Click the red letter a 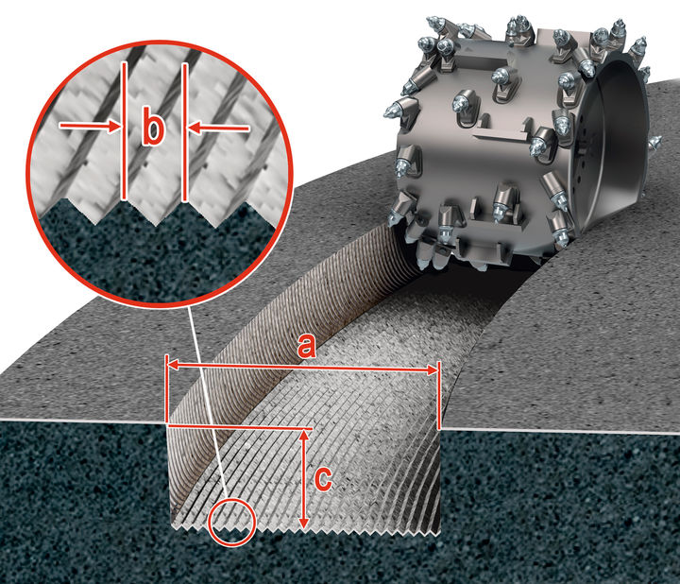(x=305, y=348)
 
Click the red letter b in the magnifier (x=153, y=130)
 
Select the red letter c (x=322, y=479)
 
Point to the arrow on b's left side (x=90, y=125)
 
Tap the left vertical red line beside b (x=125, y=132)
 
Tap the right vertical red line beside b (x=185, y=132)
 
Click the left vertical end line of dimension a (x=167, y=392)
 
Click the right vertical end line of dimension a (x=440, y=397)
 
